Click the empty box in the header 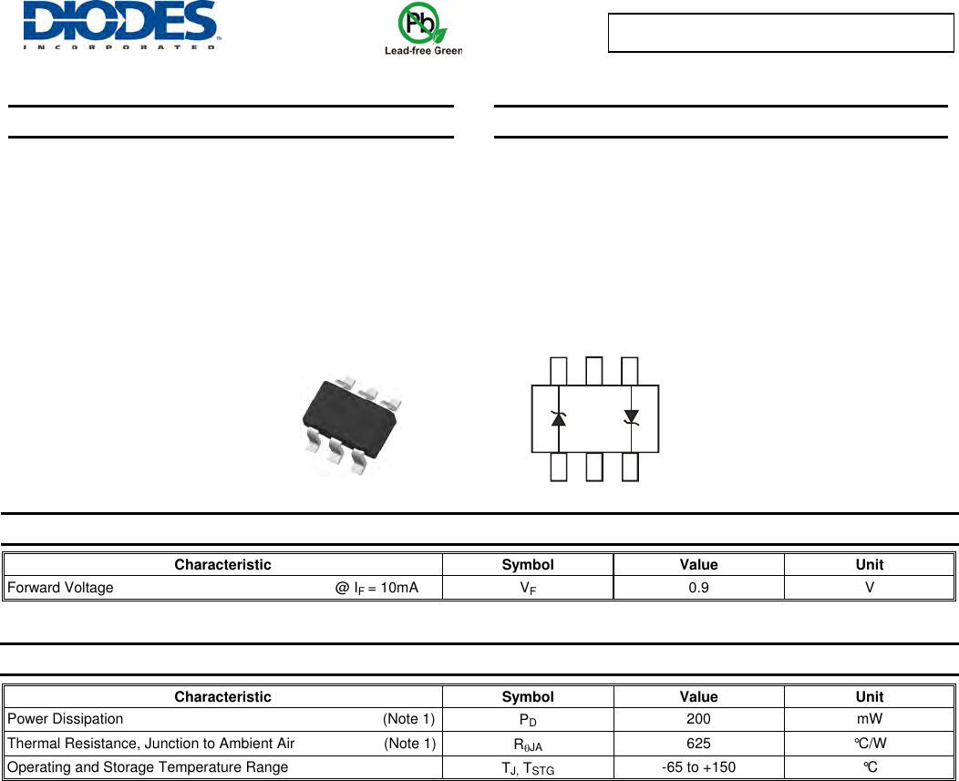780,33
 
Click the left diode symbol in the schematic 558,419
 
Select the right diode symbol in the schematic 631,417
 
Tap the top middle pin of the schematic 593,371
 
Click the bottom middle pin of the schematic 594,467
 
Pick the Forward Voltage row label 60,588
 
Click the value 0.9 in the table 698,588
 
